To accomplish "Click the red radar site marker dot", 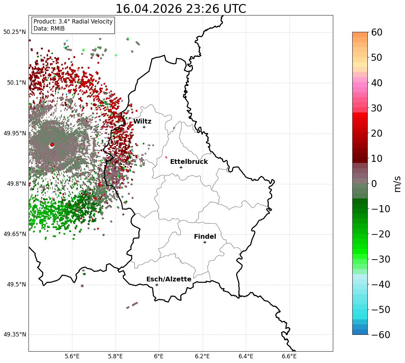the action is tap(52, 145).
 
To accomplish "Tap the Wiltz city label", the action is tap(142, 121).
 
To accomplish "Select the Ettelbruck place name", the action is tap(189, 162).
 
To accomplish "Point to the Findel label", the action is tap(205, 236).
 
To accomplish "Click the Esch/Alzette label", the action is tap(169, 279).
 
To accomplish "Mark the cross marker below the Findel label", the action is tap(205, 242).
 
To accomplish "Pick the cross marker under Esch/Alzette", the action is tap(157, 285).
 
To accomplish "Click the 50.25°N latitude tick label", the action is tap(14, 32).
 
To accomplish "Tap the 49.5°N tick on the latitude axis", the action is tap(16, 284).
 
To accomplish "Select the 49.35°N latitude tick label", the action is tap(14, 334).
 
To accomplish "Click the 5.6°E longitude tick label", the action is tap(72, 356).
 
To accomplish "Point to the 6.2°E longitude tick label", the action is tap(203, 356).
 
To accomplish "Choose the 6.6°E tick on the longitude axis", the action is tap(289, 356).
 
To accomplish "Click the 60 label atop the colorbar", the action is tap(376, 32).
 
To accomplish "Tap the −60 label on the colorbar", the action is tap(381, 334).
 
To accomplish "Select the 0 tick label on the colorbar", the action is tap(374, 183).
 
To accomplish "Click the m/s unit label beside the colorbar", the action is tap(397, 184).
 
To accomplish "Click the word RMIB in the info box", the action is tap(58, 29).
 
